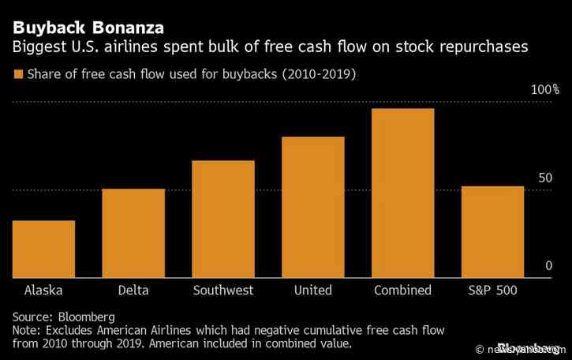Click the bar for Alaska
click(43, 249)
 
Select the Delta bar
click(133, 233)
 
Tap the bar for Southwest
click(223, 219)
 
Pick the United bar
click(313, 207)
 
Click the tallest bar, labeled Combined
click(403, 193)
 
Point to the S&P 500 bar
click(493, 231)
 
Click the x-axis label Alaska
click(43, 291)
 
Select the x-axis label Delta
click(133, 291)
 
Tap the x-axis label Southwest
click(223, 291)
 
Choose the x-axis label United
click(313, 291)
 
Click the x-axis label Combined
click(403, 291)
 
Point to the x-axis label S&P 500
click(493, 291)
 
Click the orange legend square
click(17, 75)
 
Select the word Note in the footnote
click(26, 331)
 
